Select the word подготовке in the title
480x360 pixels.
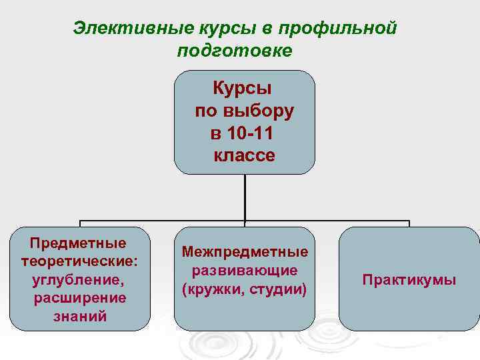pyautogui.click(x=235, y=51)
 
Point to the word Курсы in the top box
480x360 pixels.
pyautogui.click(x=245, y=88)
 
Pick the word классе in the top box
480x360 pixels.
pyautogui.click(x=245, y=156)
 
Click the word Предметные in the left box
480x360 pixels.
pyautogui.click(x=79, y=241)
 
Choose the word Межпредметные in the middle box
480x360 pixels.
pyautogui.click(x=245, y=252)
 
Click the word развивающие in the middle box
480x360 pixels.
pyautogui.click(x=245, y=271)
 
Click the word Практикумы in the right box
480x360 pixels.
pyautogui.click(x=409, y=279)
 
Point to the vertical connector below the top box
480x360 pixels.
pyautogui.click(x=245, y=198)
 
